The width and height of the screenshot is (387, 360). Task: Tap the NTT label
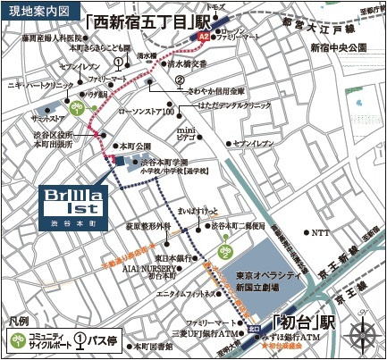click(319, 232)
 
